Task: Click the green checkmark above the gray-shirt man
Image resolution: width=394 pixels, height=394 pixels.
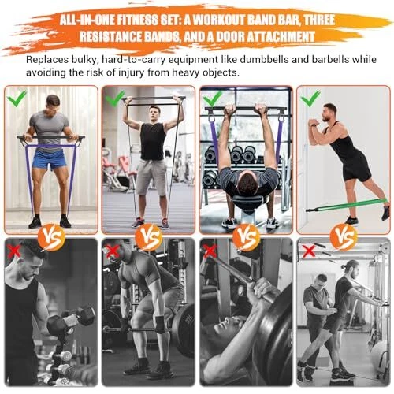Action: (17, 98)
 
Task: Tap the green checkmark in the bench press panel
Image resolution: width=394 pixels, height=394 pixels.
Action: (212, 98)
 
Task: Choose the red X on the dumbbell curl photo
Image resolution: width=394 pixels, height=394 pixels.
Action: (14, 251)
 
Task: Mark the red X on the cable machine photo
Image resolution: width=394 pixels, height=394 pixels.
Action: (309, 251)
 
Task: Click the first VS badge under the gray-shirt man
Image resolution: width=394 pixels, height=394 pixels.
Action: (51, 237)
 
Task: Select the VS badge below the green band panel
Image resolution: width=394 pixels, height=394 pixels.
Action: (344, 237)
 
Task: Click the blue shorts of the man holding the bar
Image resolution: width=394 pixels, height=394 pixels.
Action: (50, 159)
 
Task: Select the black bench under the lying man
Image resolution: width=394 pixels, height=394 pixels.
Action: (247, 202)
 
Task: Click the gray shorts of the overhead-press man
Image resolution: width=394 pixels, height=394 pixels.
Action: (151, 177)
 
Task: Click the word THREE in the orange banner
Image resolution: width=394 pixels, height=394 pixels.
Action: (319, 20)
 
